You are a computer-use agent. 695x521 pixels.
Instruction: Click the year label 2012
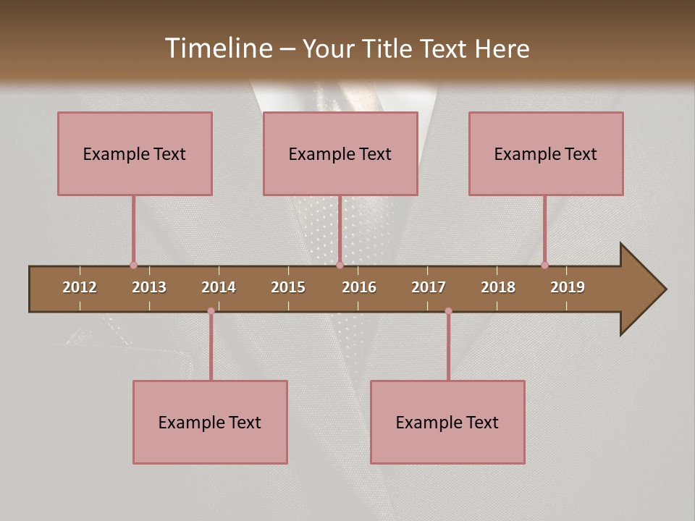coord(80,287)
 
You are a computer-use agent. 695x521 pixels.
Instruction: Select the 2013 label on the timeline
coord(149,287)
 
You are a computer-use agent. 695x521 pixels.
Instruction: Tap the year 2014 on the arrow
coord(219,287)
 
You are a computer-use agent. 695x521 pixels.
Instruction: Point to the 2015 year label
coord(288,287)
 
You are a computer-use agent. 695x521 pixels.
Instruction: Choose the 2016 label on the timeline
coord(359,287)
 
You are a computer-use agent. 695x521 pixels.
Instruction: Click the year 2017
coord(429,287)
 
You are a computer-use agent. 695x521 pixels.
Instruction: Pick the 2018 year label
coord(498,287)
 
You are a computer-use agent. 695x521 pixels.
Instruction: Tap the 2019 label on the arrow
coord(568,287)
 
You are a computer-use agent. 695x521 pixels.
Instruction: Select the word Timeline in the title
coord(216,48)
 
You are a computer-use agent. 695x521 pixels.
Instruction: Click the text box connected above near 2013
coord(135,153)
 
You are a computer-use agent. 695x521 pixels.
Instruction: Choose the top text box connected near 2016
coord(340,153)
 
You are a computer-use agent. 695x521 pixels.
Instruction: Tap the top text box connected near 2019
coord(546,153)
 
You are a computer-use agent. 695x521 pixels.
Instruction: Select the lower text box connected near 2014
coord(210,422)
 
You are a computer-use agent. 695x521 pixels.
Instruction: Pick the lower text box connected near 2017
coord(447,422)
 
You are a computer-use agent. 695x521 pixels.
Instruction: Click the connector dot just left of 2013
coord(133,266)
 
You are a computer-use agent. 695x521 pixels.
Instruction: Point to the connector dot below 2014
coord(211,311)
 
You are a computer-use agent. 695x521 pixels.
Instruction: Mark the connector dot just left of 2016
coord(340,266)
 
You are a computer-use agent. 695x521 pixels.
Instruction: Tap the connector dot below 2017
coord(448,311)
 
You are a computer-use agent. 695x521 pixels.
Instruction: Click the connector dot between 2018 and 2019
coord(545,266)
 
